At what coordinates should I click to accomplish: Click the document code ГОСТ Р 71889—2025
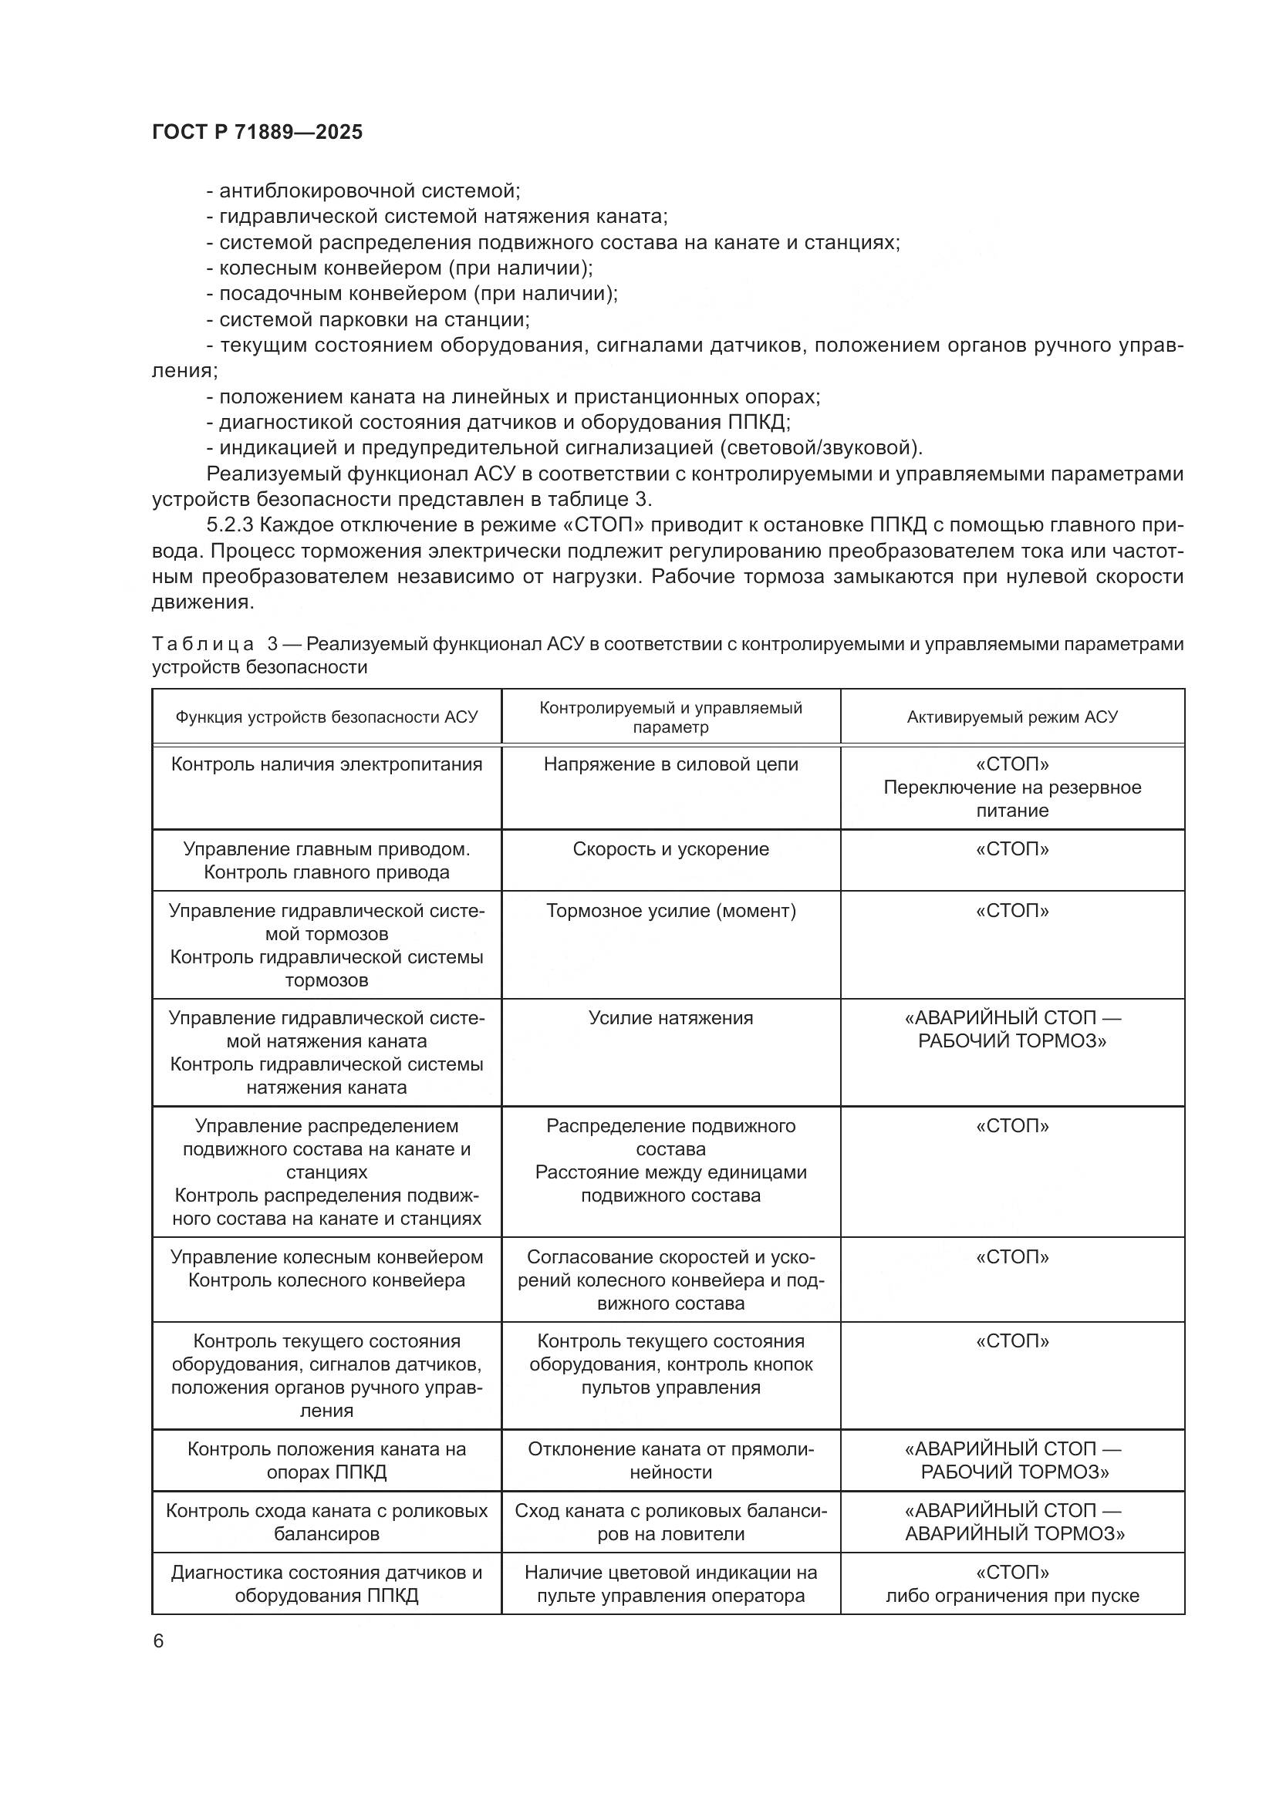(257, 132)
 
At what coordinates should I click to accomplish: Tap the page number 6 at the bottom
(159, 1640)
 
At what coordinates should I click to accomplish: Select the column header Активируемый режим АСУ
(1012, 717)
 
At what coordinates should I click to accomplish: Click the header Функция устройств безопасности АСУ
(326, 717)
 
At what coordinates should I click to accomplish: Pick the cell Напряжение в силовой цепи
(670, 764)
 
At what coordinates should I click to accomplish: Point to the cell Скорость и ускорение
(670, 849)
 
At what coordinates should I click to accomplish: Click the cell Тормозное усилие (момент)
(670, 911)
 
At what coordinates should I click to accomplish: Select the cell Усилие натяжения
(670, 1018)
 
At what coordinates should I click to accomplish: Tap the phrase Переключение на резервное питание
(1012, 798)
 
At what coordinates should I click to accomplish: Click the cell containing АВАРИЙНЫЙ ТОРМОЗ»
(1014, 1533)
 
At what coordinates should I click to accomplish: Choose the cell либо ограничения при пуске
(1012, 1595)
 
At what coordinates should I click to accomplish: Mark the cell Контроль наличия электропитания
(326, 764)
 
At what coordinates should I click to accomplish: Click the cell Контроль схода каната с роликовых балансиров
(326, 1522)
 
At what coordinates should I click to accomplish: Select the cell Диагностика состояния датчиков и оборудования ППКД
(326, 1584)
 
